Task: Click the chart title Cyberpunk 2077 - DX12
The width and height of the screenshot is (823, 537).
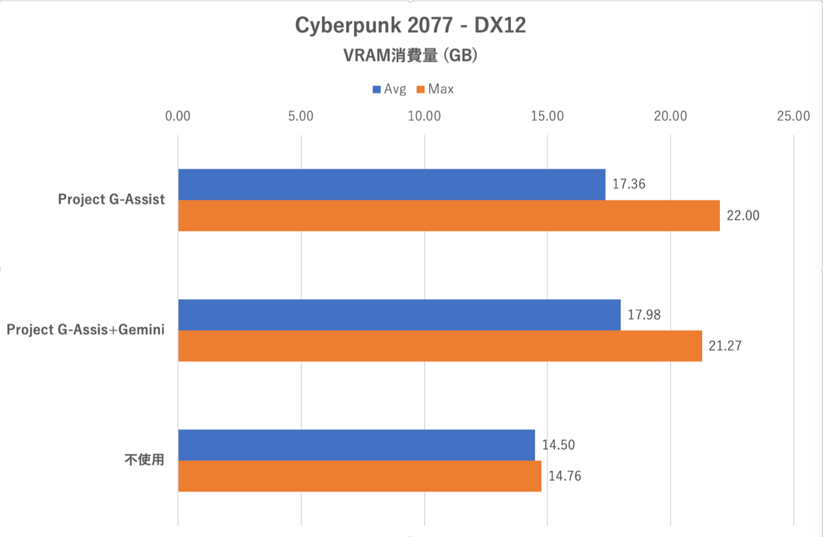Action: [411, 26]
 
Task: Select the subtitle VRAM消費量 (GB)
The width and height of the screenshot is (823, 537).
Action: [411, 55]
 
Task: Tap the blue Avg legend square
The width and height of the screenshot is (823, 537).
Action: [377, 89]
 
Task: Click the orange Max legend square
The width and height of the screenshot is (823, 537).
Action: [421, 89]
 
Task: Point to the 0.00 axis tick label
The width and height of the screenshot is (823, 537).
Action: [178, 116]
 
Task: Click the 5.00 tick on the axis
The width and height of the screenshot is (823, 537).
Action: [301, 116]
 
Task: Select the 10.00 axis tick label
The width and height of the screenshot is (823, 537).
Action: [424, 116]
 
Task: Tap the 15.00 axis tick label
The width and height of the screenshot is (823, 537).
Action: [547, 116]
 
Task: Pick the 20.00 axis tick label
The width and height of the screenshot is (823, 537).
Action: [670, 116]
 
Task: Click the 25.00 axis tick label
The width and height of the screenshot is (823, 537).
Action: [793, 116]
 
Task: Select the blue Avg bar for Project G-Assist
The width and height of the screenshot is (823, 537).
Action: [392, 184]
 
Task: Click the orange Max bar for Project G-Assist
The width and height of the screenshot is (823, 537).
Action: [449, 215]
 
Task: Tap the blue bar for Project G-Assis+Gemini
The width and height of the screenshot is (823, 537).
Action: [399, 314]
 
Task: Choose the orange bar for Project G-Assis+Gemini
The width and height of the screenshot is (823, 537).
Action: [440, 346]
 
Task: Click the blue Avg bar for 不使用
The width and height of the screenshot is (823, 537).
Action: [356, 445]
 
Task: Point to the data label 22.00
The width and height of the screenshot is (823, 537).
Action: [743, 216]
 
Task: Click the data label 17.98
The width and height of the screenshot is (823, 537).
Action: [644, 315]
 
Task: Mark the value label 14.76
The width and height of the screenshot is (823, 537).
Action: [565, 476]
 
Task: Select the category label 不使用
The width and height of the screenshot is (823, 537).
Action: [144, 460]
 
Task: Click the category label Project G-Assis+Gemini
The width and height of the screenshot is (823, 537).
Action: [85, 330]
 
